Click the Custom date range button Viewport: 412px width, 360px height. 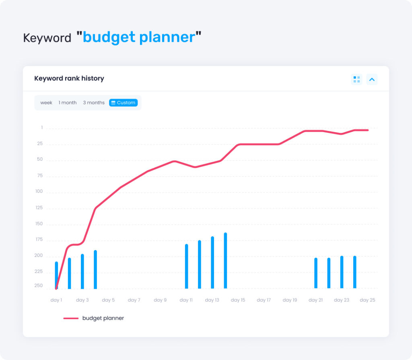point(123,103)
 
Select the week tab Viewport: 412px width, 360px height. point(46,103)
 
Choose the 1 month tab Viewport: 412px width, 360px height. point(68,103)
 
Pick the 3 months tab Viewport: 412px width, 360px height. point(94,103)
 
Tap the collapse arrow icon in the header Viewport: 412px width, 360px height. point(372,79)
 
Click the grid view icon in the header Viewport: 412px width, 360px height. point(356,79)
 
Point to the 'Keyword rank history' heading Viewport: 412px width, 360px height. point(69,79)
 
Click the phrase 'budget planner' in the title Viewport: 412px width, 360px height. point(139,37)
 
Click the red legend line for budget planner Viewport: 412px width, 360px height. point(71,318)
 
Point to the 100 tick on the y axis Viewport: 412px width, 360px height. point(39,191)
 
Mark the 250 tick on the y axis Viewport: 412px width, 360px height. point(39,286)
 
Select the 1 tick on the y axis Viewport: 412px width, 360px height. point(41,128)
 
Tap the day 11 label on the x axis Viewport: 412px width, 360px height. point(186,300)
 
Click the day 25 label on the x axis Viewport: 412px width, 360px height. point(367,300)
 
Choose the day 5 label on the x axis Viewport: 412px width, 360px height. point(108,300)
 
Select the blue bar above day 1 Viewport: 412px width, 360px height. point(56,275)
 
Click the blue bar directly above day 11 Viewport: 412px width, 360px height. point(187,266)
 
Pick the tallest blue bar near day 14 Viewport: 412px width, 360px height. point(225,261)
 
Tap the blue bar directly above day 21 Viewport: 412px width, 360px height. point(316,273)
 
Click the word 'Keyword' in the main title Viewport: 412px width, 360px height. point(47,38)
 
